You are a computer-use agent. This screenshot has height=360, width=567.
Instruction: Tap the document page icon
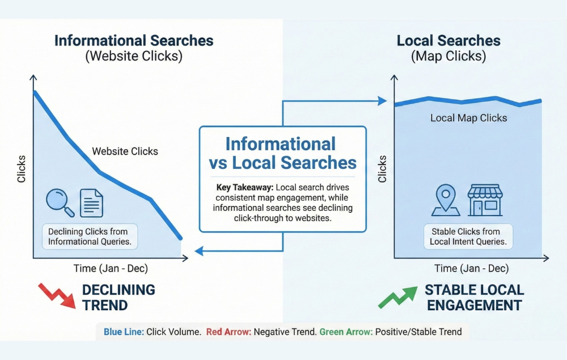(x=91, y=203)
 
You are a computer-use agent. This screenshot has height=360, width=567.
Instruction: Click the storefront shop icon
(x=485, y=200)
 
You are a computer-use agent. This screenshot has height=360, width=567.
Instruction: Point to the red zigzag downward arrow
(x=57, y=296)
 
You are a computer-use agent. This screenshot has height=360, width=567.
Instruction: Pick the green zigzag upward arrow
(x=397, y=296)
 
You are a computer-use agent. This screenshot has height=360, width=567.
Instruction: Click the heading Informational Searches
(x=134, y=41)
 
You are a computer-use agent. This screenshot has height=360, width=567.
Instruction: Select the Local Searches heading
(x=448, y=41)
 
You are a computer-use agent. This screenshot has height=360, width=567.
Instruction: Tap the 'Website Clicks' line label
(x=125, y=151)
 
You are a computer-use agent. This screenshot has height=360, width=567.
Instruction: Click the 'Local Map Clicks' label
(x=468, y=118)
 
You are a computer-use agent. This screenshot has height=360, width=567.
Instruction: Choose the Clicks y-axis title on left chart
(x=22, y=168)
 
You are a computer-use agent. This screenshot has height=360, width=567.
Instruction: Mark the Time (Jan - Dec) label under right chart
(x=471, y=268)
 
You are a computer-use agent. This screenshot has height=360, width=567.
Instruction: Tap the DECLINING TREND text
(x=118, y=297)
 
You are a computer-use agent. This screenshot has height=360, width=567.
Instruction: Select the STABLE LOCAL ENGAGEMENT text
(x=474, y=297)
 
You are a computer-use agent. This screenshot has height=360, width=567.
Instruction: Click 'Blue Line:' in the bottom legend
(x=124, y=332)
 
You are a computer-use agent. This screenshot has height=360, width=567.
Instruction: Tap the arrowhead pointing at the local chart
(x=382, y=101)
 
